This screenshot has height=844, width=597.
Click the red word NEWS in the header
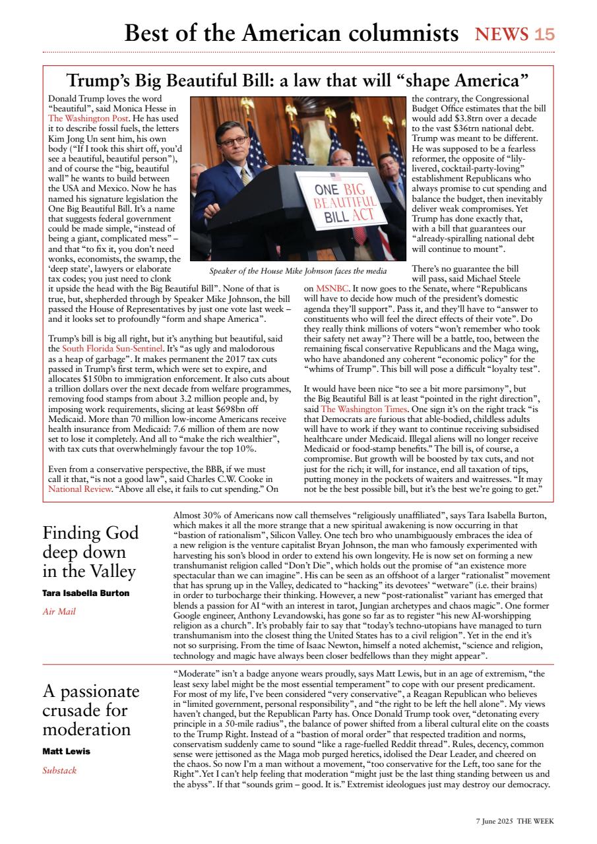click(x=501, y=34)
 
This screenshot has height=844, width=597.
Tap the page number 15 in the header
click(x=544, y=34)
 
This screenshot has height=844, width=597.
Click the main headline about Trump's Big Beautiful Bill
click(x=298, y=81)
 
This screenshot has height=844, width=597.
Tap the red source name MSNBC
click(x=327, y=289)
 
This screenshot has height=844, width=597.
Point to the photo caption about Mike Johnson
click(x=298, y=271)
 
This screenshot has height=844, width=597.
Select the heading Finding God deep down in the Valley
click(x=90, y=551)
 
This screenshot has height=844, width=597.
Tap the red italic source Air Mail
click(x=59, y=612)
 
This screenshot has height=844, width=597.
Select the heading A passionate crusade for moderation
click(x=90, y=710)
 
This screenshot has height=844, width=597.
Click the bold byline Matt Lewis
click(x=66, y=752)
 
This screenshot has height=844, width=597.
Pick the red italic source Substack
click(x=59, y=770)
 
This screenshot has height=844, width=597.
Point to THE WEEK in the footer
click(x=536, y=821)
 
